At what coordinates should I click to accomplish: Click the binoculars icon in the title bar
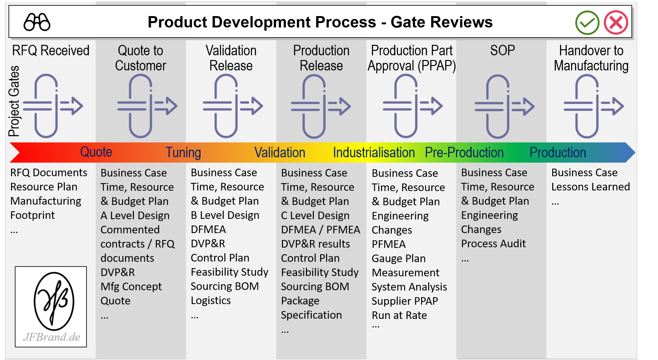37,22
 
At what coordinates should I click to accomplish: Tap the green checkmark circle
587,22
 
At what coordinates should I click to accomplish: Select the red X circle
616,22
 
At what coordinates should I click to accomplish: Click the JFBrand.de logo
51,307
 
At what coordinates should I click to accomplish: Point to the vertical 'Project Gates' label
14,101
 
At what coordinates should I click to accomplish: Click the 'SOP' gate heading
502,51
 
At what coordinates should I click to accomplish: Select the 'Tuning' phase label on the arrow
183,153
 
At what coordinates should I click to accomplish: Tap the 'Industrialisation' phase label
374,153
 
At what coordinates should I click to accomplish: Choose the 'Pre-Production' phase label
464,153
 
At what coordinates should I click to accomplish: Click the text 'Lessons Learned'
590,187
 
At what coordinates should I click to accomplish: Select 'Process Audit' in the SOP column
493,243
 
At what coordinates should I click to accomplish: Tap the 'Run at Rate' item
399,315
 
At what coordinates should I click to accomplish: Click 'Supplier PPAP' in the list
404,301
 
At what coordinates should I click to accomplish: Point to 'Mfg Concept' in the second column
131,286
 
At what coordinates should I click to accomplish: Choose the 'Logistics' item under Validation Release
211,300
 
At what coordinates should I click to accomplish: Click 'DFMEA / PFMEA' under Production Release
320,230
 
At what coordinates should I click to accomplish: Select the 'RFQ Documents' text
49,173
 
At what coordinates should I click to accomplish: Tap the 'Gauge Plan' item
398,258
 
